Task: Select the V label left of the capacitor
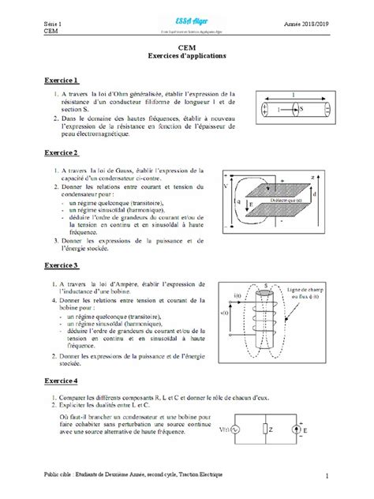(226, 188)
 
